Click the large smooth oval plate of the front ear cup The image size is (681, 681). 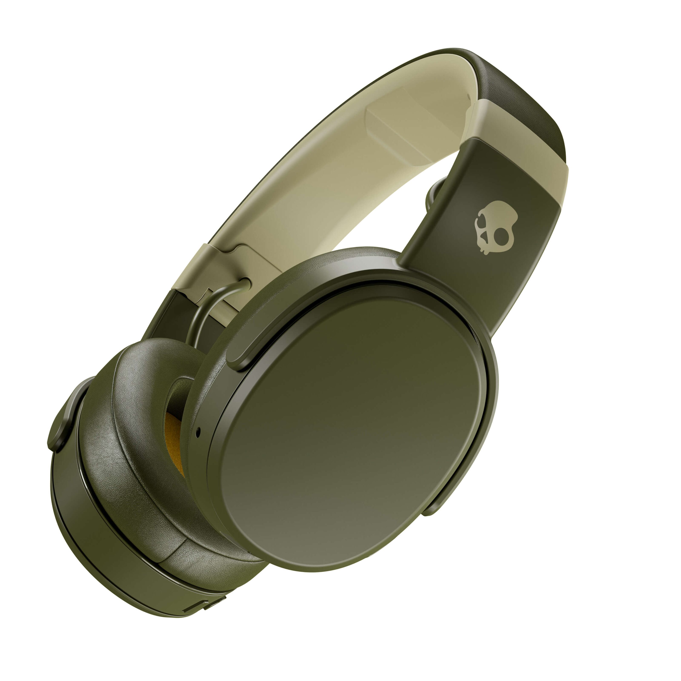coord(352,433)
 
